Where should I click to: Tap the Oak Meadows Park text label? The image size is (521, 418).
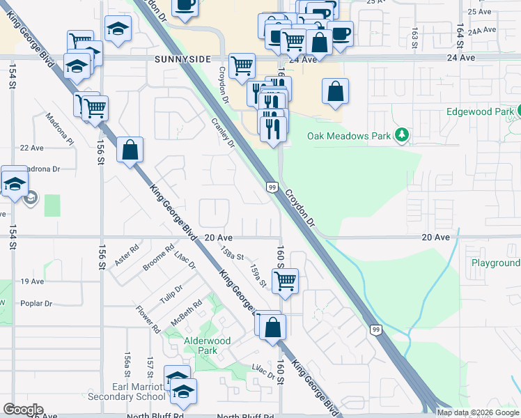(x=349, y=136)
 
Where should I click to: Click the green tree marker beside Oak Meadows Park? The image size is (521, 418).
(x=401, y=134)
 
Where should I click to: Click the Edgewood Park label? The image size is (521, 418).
(x=479, y=111)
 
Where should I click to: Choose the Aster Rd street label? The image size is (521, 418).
(x=127, y=254)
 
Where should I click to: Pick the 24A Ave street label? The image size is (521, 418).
(x=482, y=31)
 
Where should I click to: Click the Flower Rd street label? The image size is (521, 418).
(x=148, y=318)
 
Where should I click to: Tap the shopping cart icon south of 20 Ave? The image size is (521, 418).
(x=285, y=281)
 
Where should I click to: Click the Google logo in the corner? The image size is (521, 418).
(x=23, y=410)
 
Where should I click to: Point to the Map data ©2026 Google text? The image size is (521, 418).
(x=478, y=412)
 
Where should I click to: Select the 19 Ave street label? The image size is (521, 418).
(x=32, y=281)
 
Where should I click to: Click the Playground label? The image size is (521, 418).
(x=495, y=263)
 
